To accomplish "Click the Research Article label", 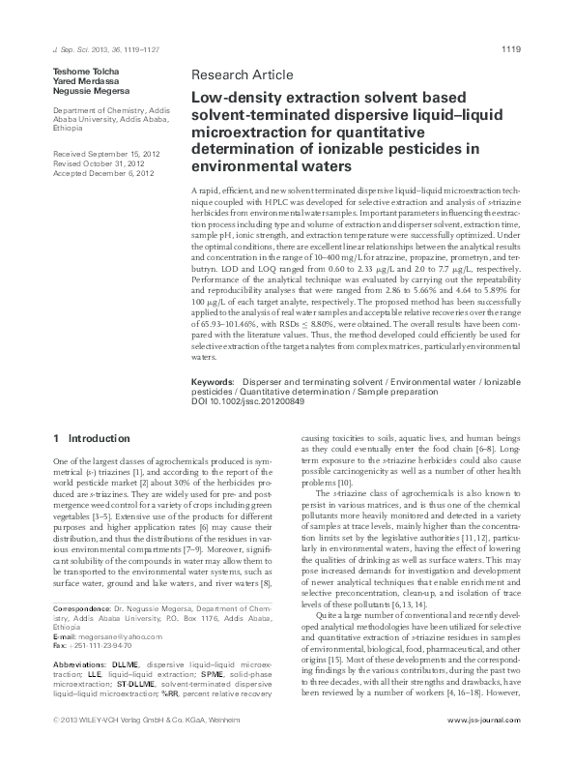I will coord(236,75).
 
